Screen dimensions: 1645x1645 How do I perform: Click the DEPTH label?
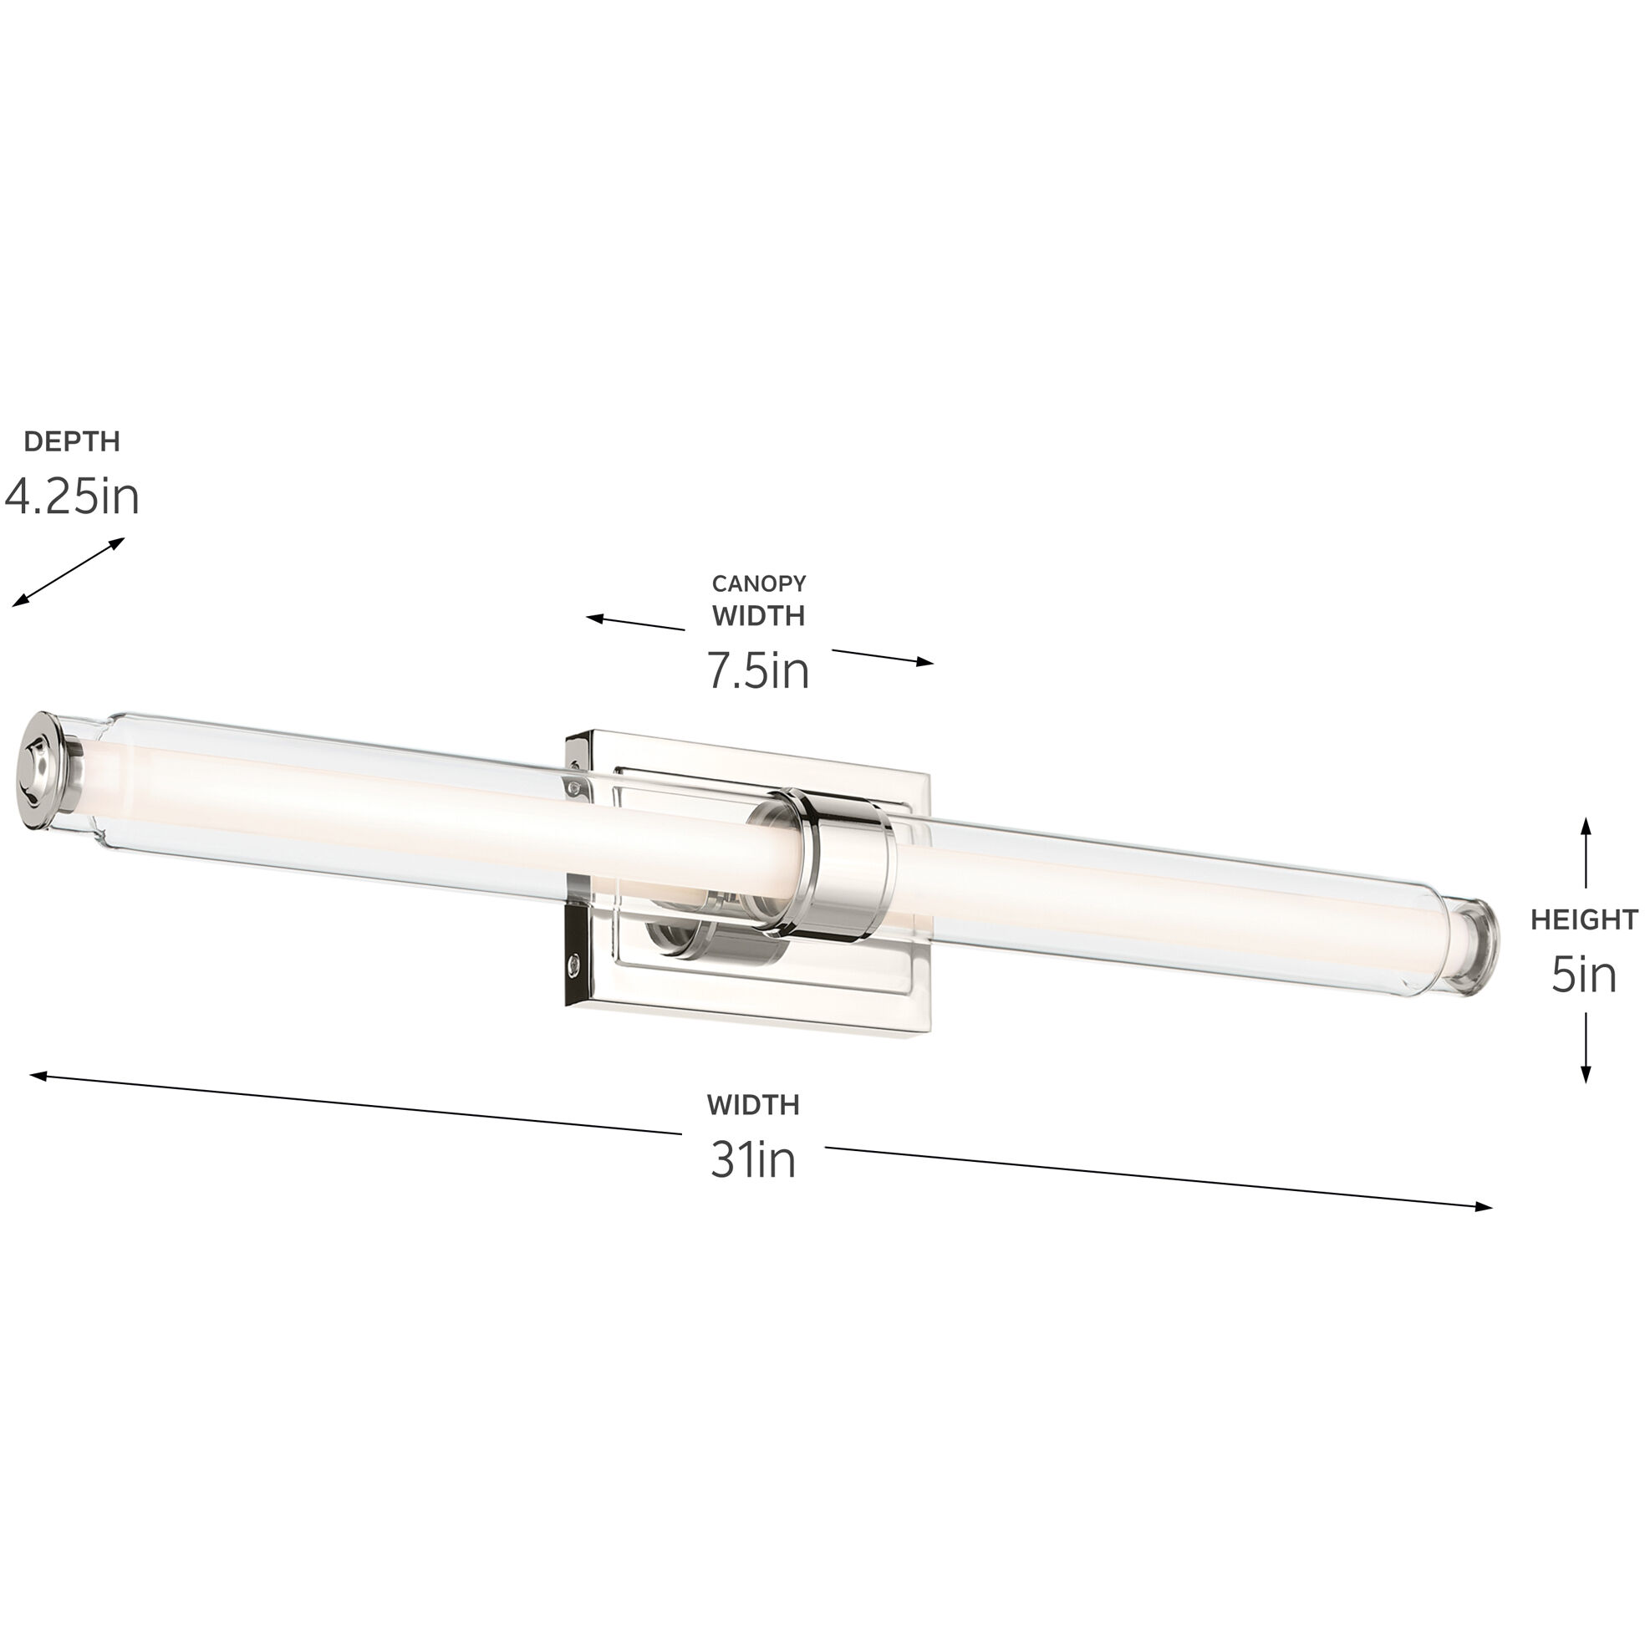72,441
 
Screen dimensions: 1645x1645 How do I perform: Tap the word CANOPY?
759,583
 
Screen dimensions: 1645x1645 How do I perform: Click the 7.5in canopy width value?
758,670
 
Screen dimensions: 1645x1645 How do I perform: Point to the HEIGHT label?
1584,919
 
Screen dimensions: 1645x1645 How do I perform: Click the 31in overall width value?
752,1159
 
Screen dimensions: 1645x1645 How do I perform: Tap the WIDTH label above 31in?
752,1105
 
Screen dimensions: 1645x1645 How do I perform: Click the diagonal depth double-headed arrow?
68,573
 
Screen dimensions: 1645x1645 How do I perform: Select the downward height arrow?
1586,1047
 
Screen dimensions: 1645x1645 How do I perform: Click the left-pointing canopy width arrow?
634,624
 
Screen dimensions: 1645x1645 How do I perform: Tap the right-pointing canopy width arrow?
883,656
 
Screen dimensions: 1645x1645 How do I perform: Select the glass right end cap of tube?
1479,945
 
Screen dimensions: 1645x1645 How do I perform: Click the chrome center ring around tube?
843,860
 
